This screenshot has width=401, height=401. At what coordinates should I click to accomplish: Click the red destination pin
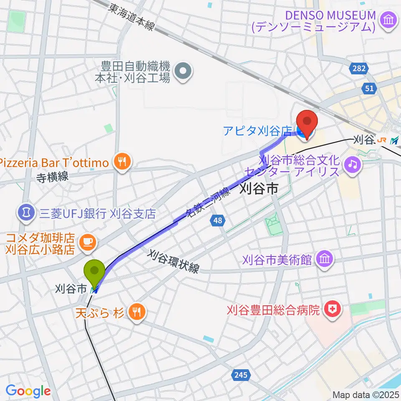click(307, 122)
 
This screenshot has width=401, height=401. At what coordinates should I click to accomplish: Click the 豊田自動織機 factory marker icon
click(183, 72)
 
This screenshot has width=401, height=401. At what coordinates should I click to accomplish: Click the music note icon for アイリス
click(353, 165)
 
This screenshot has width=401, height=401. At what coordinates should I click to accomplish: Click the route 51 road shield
click(369, 88)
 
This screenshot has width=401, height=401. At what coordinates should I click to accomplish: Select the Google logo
click(28, 391)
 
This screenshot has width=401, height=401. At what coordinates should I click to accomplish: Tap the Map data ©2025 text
click(365, 394)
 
